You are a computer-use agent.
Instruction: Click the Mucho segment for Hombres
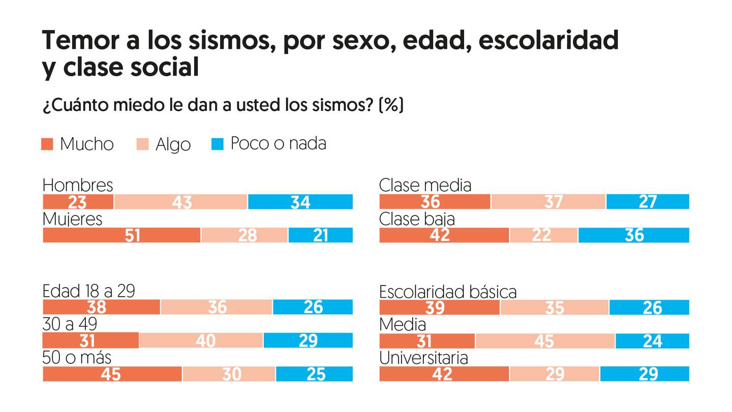coord(78,202)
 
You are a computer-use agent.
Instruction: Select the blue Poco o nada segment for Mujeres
coord(320,235)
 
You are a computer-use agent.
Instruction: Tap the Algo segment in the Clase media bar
coord(548,202)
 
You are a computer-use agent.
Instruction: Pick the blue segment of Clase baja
coord(633,235)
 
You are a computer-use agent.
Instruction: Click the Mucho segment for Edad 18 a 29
coord(101,307)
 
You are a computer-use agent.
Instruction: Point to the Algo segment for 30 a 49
coord(201,340)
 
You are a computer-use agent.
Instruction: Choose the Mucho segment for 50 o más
coord(112,374)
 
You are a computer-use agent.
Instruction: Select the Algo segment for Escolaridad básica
coord(554,307)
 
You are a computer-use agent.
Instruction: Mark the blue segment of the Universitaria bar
coord(644,374)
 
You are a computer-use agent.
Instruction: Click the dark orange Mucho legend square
coord(47,145)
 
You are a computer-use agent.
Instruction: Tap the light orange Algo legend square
coord(143,145)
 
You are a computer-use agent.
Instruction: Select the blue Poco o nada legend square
coord(218,145)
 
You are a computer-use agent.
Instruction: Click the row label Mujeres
coord(72,219)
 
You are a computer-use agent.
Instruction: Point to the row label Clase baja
coord(417,219)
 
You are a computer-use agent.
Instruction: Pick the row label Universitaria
coord(423,358)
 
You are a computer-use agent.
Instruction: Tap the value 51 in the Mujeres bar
coord(132,236)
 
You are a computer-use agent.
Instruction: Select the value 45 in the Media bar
coord(543,341)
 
